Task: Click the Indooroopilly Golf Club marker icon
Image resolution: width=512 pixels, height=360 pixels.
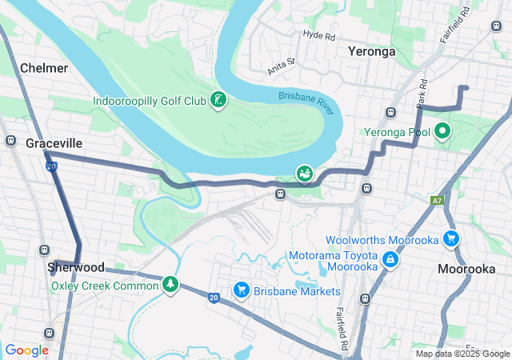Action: [217, 100]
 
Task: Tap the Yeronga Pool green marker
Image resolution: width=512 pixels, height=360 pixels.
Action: [442, 130]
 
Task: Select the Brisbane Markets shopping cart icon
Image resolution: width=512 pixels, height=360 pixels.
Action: [241, 290]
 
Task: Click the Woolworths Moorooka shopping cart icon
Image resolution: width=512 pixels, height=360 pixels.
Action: [451, 238]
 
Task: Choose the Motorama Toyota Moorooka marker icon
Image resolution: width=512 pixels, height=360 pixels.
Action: [390, 258]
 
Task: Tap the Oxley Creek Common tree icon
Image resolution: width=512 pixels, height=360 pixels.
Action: [170, 283]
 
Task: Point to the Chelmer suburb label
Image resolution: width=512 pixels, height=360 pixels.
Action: [44, 68]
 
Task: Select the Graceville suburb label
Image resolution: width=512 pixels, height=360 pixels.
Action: [54, 142]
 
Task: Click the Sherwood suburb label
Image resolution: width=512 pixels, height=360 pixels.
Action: [75, 266]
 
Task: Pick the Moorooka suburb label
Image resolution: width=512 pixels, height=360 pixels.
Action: [466, 269]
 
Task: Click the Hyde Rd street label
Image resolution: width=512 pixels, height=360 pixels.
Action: [318, 35]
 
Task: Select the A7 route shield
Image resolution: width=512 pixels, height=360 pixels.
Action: [437, 201]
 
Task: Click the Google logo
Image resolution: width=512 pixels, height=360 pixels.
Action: [26, 350]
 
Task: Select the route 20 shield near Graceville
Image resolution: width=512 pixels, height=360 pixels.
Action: [51, 166]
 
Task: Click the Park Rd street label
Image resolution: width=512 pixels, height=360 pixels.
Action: [422, 93]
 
